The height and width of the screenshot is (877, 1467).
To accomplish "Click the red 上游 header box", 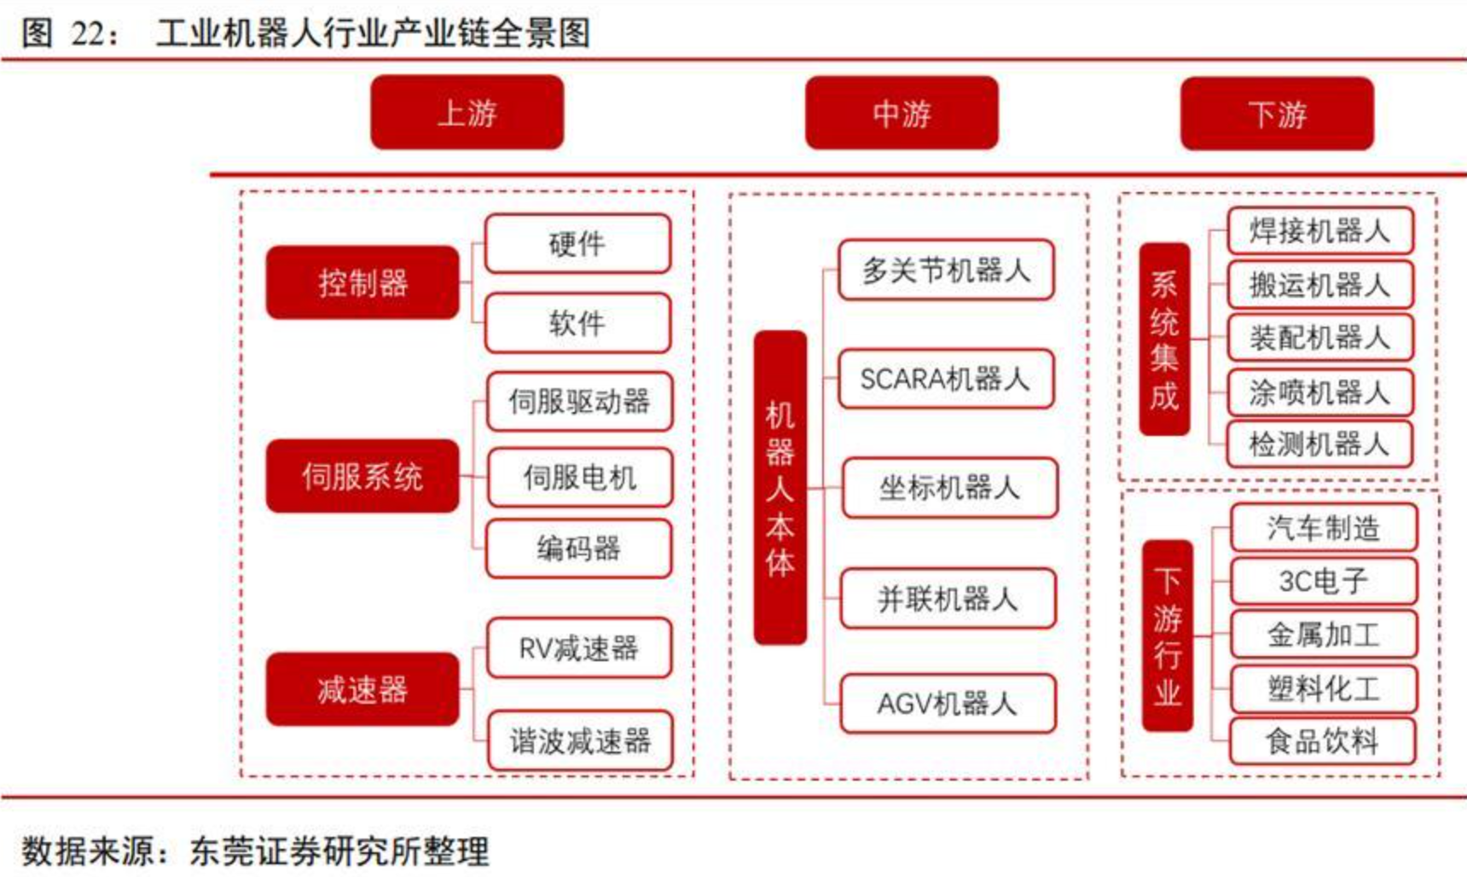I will (x=467, y=113).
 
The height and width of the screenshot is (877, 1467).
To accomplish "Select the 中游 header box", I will (x=902, y=113).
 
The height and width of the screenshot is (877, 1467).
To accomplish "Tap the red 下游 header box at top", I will (x=1277, y=113).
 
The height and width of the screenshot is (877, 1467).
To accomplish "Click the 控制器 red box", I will (x=362, y=282).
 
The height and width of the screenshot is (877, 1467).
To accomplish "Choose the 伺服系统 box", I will (x=362, y=476).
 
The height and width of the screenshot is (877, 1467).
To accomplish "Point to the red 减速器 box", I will (x=362, y=689).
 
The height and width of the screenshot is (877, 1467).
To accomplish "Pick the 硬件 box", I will (x=577, y=244).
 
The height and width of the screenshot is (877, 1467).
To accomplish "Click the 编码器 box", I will (x=578, y=549).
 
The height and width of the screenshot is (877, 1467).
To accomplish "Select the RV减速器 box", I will (x=578, y=648).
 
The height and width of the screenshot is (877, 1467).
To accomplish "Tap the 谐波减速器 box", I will (x=580, y=741).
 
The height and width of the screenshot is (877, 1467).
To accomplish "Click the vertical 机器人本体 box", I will (x=780, y=487).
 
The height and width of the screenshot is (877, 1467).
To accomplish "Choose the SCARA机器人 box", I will (x=945, y=379).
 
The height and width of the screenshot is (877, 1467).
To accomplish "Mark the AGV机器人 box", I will (x=947, y=704).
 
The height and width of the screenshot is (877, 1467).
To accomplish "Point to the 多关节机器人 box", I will (x=945, y=270).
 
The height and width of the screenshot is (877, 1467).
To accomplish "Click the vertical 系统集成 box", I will (x=1164, y=340).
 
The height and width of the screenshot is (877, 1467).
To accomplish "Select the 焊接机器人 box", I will (x=1319, y=230).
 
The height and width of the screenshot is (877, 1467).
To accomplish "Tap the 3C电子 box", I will (x=1323, y=582).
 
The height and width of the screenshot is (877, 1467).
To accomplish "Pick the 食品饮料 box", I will (x=1322, y=741).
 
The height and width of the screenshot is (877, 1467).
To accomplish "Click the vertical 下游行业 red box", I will (x=1167, y=636).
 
